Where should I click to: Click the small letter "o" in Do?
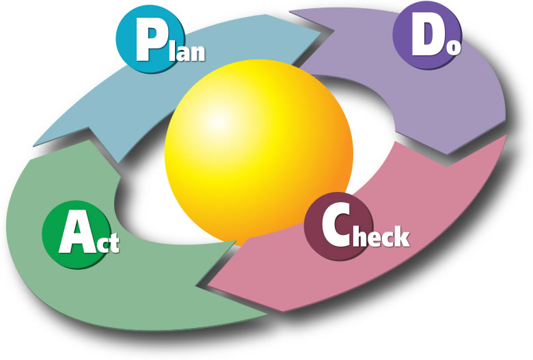coord(454,48)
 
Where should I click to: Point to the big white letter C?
coord(336,225)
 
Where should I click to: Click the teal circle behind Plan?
coord(150,38)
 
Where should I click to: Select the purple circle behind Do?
coord(427,35)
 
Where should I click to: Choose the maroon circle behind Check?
coord(338,226)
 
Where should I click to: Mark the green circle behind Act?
coord(77,234)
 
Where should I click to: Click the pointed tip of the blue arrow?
coord(321,33)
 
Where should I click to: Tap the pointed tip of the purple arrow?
coord(448,154)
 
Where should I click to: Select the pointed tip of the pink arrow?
coord(208,283)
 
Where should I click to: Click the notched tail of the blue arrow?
coord(89,128)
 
